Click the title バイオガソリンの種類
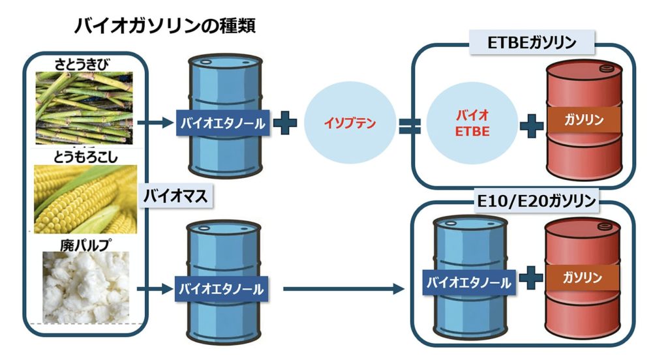164,26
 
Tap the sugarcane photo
83,108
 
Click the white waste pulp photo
83,287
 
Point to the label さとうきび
83,64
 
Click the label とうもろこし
83,157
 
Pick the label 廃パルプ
84,245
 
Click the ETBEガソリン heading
532,44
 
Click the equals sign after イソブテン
410,123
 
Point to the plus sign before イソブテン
284,123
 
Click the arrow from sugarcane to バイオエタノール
155,121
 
